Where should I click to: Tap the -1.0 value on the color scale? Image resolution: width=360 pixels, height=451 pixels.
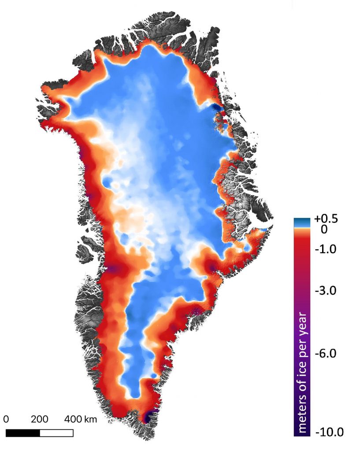tap(326, 249)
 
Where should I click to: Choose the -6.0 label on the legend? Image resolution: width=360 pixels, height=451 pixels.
tap(326, 353)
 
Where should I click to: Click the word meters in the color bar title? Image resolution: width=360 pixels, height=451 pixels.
tap(304, 410)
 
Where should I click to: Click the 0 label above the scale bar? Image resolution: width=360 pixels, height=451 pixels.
tap(7, 419)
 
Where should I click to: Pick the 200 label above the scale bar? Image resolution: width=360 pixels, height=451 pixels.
tap(40, 419)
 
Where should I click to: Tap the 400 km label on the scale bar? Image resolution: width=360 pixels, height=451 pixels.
tap(81, 419)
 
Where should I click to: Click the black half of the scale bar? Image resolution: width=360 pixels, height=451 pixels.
tap(23, 433)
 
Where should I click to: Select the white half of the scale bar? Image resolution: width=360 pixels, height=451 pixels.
tap(56, 433)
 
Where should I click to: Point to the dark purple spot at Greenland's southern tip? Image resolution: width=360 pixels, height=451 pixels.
tap(148, 415)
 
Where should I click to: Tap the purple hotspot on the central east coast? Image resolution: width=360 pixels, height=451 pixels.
tap(213, 267)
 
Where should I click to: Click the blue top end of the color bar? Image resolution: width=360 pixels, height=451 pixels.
tap(303, 222)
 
